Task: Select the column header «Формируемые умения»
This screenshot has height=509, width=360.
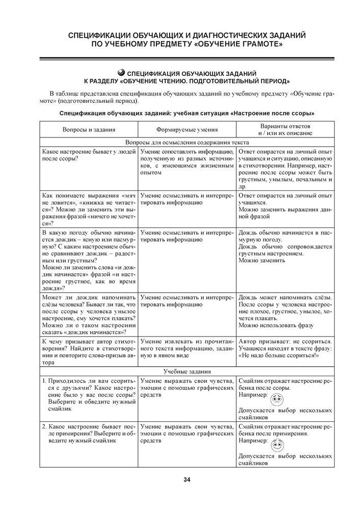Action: (187, 130)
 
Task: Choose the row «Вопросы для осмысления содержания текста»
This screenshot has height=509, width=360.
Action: (186, 144)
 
